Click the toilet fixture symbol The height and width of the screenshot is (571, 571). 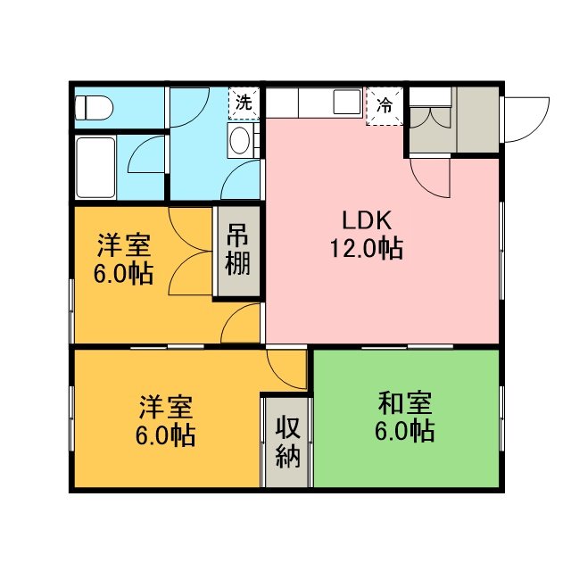pyautogui.click(x=94, y=108)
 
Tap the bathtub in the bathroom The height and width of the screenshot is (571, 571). pyautogui.click(x=95, y=168)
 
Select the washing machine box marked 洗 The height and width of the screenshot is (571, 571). pyautogui.click(x=244, y=103)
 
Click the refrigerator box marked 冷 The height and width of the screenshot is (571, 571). pyautogui.click(x=385, y=106)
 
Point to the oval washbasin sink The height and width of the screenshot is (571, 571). pyautogui.click(x=240, y=140)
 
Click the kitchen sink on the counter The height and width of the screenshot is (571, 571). pyautogui.click(x=347, y=102)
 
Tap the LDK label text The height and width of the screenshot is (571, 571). pyautogui.click(x=367, y=220)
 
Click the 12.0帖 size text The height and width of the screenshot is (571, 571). pyautogui.click(x=367, y=248)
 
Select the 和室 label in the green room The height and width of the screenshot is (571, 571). pyautogui.click(x=405, y=403)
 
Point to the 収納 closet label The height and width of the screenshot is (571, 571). pyautogui.click(x=287, y=442)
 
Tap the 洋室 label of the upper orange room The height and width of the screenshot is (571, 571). pyautogui.click(x=124, y=245)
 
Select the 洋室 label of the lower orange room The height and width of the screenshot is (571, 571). pyautogui.click(x=166, y=407)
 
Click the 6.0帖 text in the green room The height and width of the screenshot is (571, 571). pyautogui.click(x=404, y=431)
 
